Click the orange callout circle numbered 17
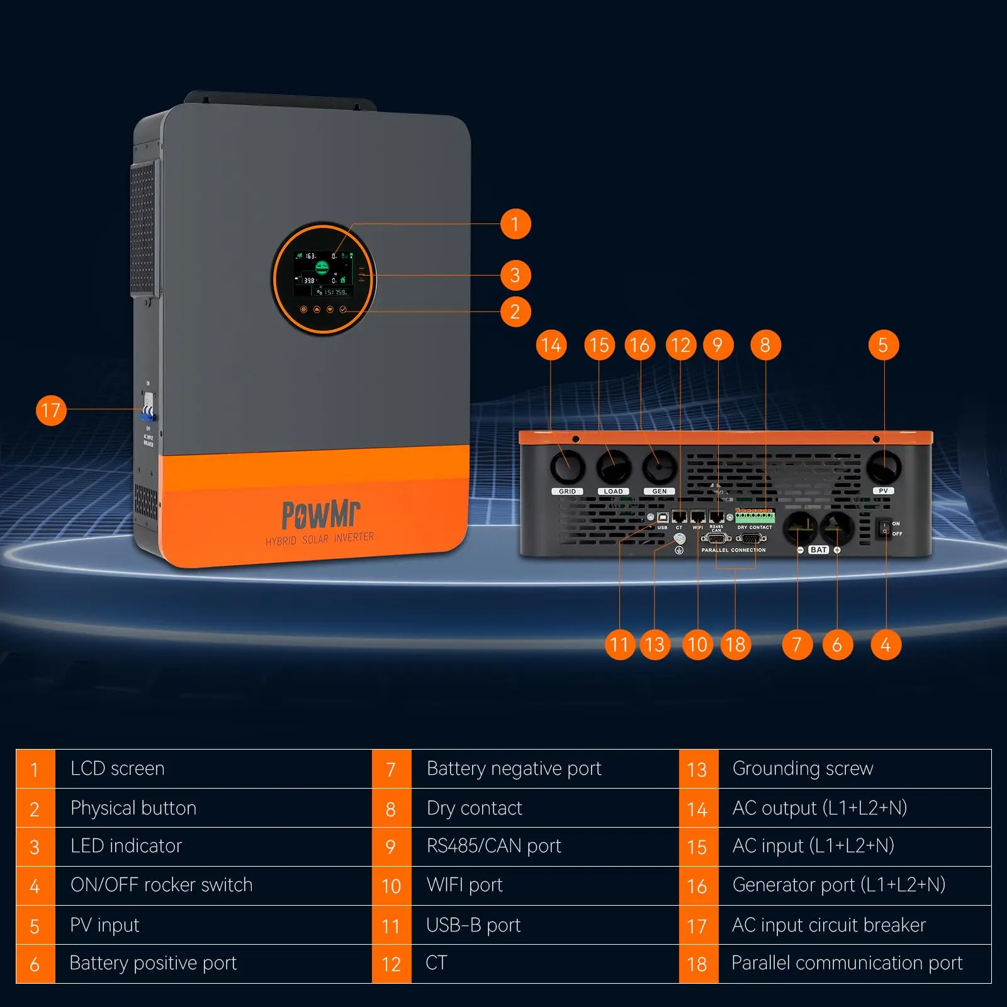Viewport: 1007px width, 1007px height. point(51,410)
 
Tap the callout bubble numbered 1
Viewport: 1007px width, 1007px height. point(515,224)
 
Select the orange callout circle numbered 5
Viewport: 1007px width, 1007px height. point(883,345)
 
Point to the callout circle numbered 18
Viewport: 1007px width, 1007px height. point(735,644)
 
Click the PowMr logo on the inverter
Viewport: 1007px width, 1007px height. point(320,514)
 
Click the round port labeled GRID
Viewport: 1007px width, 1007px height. point(567,467)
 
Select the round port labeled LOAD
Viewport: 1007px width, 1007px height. point(613,467)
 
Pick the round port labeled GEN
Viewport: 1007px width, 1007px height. point(659,467)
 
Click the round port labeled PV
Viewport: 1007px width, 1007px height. point(883,466)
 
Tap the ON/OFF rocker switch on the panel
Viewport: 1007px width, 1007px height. point(884,528)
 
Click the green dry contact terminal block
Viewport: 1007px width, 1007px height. point(755,517)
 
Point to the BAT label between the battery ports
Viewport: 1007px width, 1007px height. point(818,550)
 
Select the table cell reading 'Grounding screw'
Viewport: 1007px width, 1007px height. point(802,768)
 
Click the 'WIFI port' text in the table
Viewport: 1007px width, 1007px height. point(464,886)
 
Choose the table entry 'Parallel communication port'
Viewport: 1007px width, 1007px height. point(847,964)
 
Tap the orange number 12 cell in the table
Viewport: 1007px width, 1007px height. point(391,964)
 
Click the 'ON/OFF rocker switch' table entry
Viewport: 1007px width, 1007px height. point(161,886)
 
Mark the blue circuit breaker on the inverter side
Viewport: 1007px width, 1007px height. point(148,412)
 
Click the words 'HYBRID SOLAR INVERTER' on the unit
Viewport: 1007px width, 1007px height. point(320,539)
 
